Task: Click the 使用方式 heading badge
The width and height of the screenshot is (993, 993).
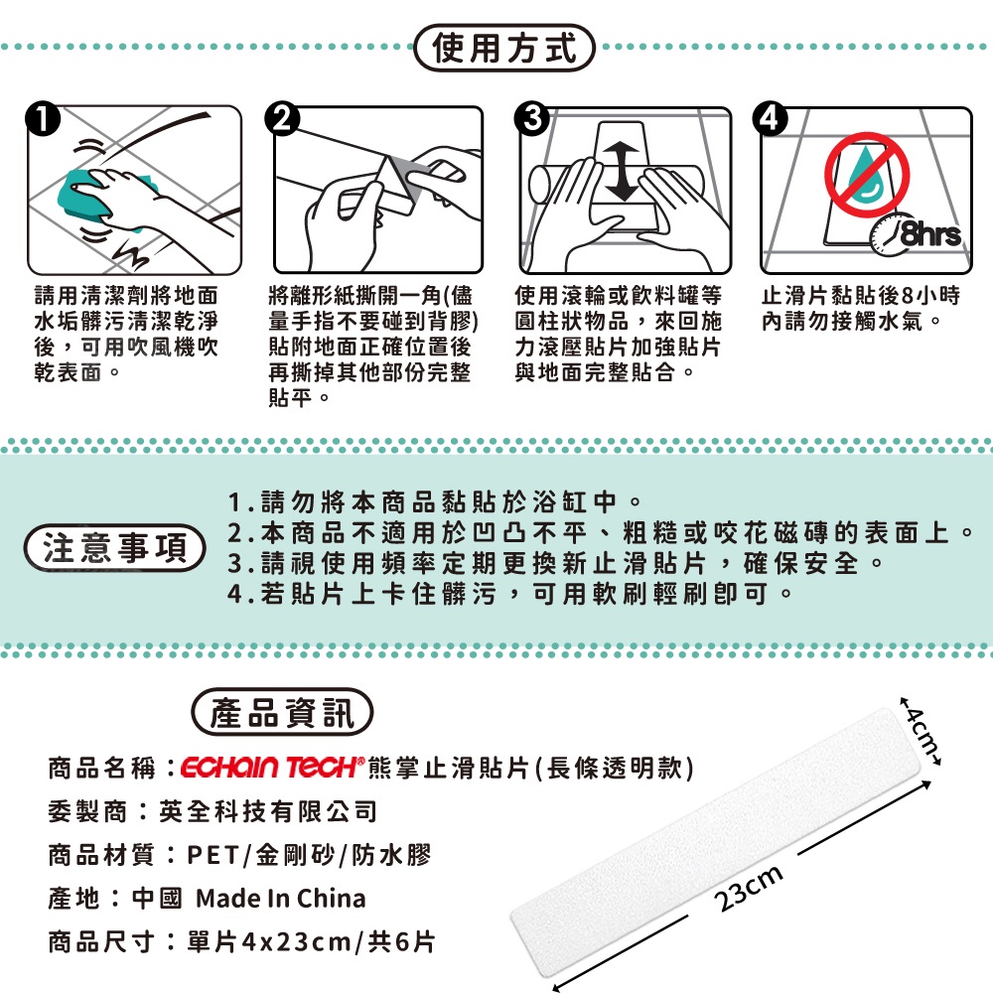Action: click(x=504, y=48)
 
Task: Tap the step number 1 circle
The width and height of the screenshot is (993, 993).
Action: click(x=43, y=119)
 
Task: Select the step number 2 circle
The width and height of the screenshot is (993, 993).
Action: click(x=282, y=119)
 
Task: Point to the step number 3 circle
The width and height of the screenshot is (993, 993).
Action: click(x=532, y=119)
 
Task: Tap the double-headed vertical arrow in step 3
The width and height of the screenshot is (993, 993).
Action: click(x=623, y=171)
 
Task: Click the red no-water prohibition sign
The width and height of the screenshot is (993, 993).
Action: click(x=866, y=174)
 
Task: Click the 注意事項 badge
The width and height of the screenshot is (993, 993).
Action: click(x=114, y=548)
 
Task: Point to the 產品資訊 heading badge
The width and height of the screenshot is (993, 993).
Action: click(x=282, y=712)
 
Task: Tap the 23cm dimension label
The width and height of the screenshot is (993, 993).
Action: click(x=748, y=888)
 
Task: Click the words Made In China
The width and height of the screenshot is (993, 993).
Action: click(x=281, y=898)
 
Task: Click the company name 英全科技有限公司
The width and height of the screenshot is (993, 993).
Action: click(x=268, y=811)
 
